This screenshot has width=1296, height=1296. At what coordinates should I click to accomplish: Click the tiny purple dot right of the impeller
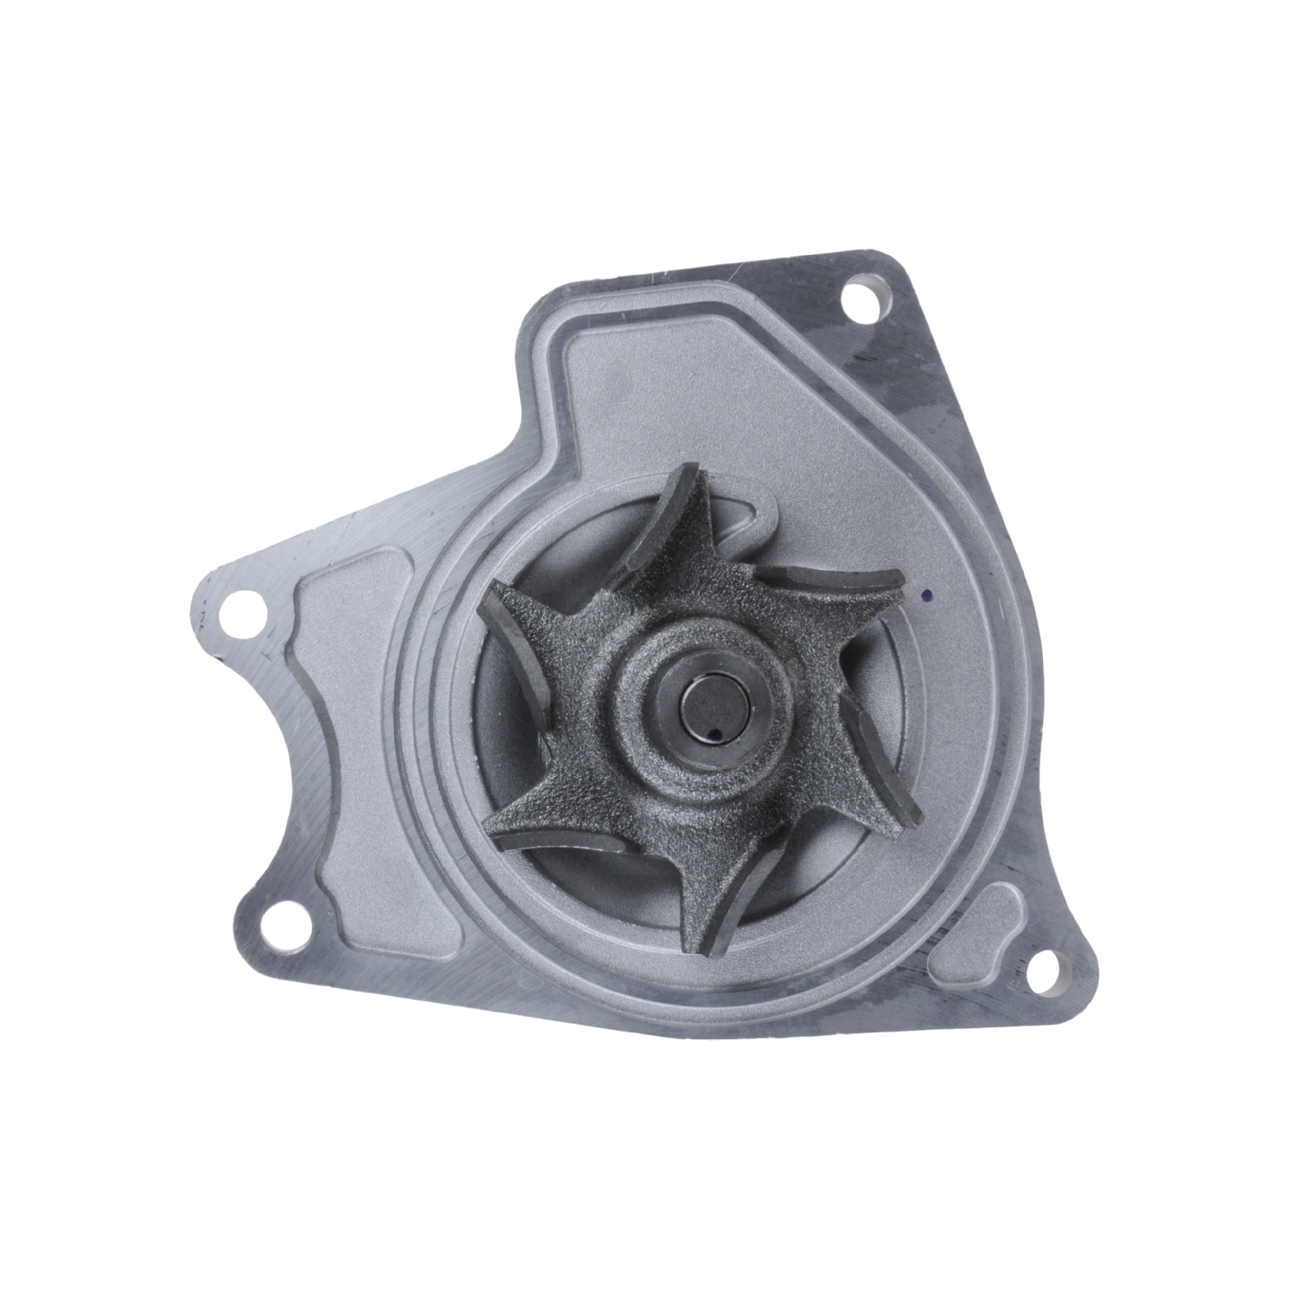pos(926,596)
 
